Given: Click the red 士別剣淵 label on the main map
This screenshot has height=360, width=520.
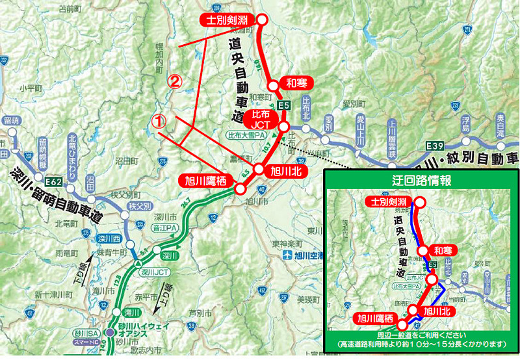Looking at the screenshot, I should point(227,20).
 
